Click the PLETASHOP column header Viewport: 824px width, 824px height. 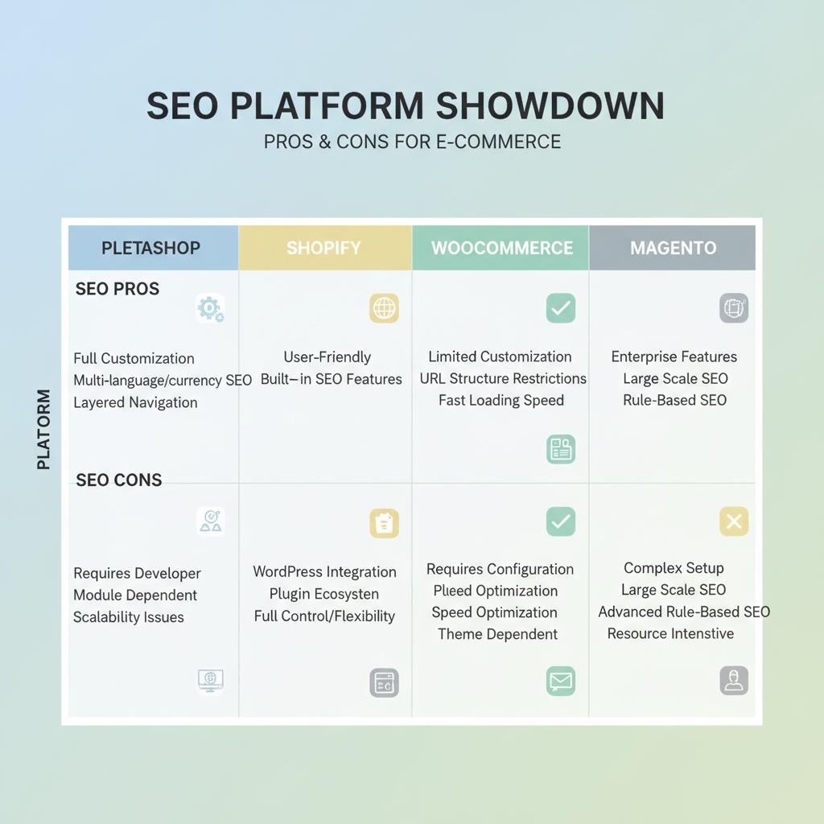pyautogui.click(x=150, y=248)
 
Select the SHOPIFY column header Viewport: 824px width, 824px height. pyautogui.click(x=323, y=248)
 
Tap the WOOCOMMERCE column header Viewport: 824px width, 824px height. pyautogui.click(x=502, y=248)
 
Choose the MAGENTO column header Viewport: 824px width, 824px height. pyautogui.click(x=673, y=248)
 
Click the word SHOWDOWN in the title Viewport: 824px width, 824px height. pyautogui.click(x=550, y=106)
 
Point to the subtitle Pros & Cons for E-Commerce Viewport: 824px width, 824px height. pyautogui.click(x=412, y=142)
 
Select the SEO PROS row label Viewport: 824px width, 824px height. pyautogui.click(x=117, y=289)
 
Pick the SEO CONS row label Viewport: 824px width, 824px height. pyautogui.click(x=119, y=480)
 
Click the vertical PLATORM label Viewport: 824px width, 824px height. pyautogui.click(x=43, y=429)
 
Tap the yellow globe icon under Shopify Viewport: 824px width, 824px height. pyautogui.click(x=384, y=308)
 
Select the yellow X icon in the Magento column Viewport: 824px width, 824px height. pyautogui.click(x=733, y=521)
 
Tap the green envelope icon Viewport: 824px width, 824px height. pyautogui.click(x=560, y=682)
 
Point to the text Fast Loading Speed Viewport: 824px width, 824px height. pyautogui.click(x=501, y=401)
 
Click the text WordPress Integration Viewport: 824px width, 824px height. pyautogui.click(x=324, y=572)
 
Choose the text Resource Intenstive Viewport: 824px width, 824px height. pyautogui.click(x=670, y=633)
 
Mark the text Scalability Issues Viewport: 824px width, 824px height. pyautogui.click(x=129, y=617)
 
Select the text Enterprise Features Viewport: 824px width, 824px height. pyautogui.click(x=674, y=356)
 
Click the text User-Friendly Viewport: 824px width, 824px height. pyautogui.click(x=327, y=357)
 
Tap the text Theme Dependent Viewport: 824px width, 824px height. pyautogui.click(x=497, y=634)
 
